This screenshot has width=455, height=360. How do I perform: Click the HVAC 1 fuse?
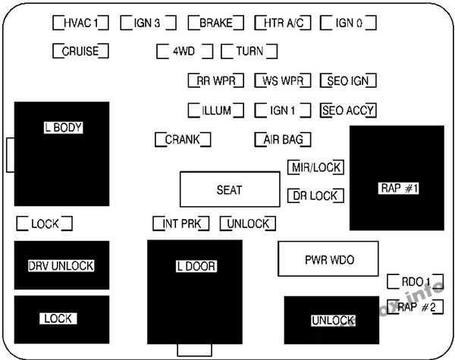[81, 23]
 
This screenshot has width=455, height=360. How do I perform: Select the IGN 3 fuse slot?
[147, 23]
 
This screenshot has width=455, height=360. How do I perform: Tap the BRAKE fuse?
[215, 23]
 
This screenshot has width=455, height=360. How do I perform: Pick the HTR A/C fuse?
[283, 23]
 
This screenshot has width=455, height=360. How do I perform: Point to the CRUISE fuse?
[81, 52]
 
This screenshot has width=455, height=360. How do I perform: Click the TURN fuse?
[249, 52]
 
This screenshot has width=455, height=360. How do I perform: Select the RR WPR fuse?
[215, 80]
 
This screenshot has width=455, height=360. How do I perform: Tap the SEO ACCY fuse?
[349, 111]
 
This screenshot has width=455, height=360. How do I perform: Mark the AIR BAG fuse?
[283, 139]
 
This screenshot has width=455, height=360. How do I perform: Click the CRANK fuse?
[182, 139]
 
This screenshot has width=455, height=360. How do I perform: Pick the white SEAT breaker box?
[229, 189]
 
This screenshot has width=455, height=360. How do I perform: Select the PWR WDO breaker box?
[329, 260]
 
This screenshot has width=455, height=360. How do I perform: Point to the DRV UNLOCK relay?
[61, 265]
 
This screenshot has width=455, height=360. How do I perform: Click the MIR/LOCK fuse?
[315, 167]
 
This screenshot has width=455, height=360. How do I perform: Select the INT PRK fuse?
[180, 224]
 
